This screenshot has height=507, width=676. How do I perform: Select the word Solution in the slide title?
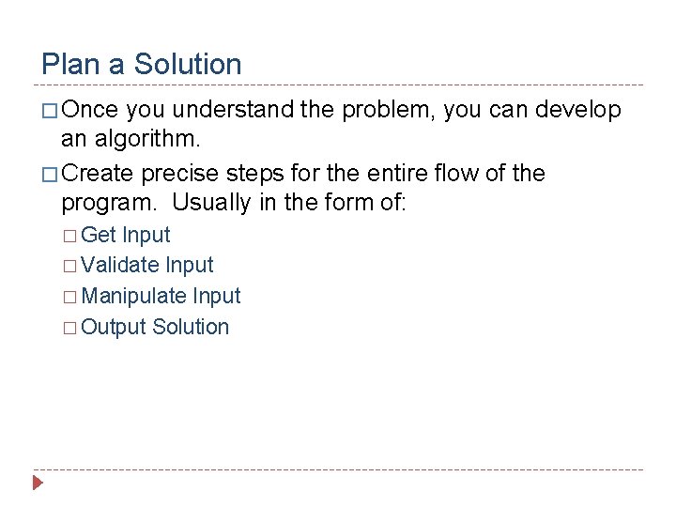(x=188, y=65)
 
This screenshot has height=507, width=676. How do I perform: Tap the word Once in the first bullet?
(x=90, y=111)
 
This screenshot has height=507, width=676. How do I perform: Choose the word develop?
(x=578, y=111)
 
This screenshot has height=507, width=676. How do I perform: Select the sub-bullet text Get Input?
(x=126, y=235)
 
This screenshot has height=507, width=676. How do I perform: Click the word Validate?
(x=120, y=266)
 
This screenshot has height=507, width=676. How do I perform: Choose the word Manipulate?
(x=134, y=297)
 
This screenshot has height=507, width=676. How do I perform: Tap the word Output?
(x=114, y=328)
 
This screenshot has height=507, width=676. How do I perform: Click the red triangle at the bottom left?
(x=38, y=484)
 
